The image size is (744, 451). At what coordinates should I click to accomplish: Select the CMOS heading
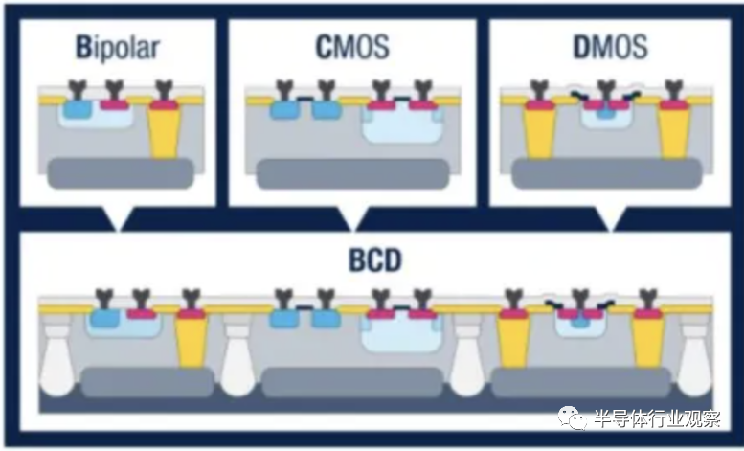[351, 47]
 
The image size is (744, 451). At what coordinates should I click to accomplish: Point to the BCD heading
[374, 260]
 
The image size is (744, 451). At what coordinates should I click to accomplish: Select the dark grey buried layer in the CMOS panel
[352, 172]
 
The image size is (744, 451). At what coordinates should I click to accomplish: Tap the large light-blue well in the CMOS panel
[401, 124]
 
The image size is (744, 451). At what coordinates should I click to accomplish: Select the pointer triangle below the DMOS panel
[610, 219]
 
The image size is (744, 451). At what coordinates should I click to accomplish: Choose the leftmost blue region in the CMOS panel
[282, 109]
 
